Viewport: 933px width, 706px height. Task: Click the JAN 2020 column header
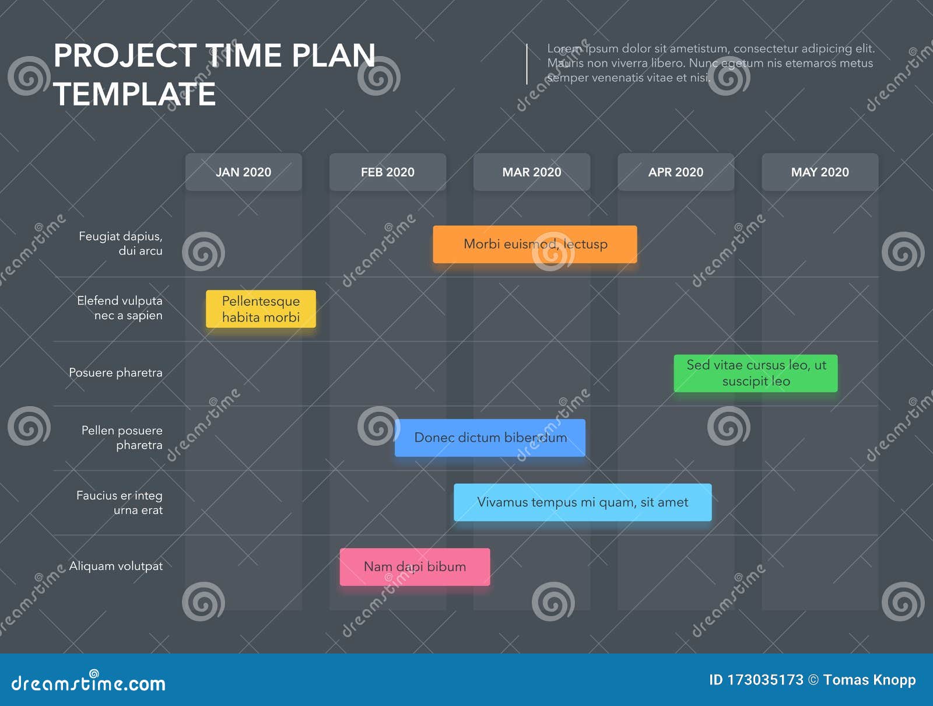[243, 172]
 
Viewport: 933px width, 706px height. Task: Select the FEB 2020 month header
[387, 172]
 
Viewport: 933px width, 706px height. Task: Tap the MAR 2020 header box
[531, 172]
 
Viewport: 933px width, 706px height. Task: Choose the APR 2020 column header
[675, 172]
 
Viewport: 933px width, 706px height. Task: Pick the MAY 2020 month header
[819, 172]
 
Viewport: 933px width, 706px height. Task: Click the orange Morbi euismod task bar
[535, 244]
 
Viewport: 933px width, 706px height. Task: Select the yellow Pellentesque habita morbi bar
[261, 309]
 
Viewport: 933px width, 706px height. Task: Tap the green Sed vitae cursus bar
[756, 373]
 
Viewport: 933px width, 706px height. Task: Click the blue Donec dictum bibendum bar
[490, 438]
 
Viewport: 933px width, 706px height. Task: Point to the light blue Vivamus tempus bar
[583, 502]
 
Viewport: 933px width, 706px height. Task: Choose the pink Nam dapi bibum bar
[415, 567]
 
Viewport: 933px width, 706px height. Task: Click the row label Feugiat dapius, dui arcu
[121, 243]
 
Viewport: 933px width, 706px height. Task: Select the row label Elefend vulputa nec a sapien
[120, 308]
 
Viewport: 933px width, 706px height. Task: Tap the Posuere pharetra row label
[115, 372]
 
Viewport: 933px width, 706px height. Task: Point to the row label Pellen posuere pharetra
[122, 438]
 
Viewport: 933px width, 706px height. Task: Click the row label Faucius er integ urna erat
[120, 502]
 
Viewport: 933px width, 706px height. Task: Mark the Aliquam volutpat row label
[116, 566]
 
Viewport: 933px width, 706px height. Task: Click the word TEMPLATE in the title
[135, 95]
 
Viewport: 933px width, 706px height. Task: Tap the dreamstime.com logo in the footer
[89, 683]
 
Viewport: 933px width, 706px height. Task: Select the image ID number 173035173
[764, 680]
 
